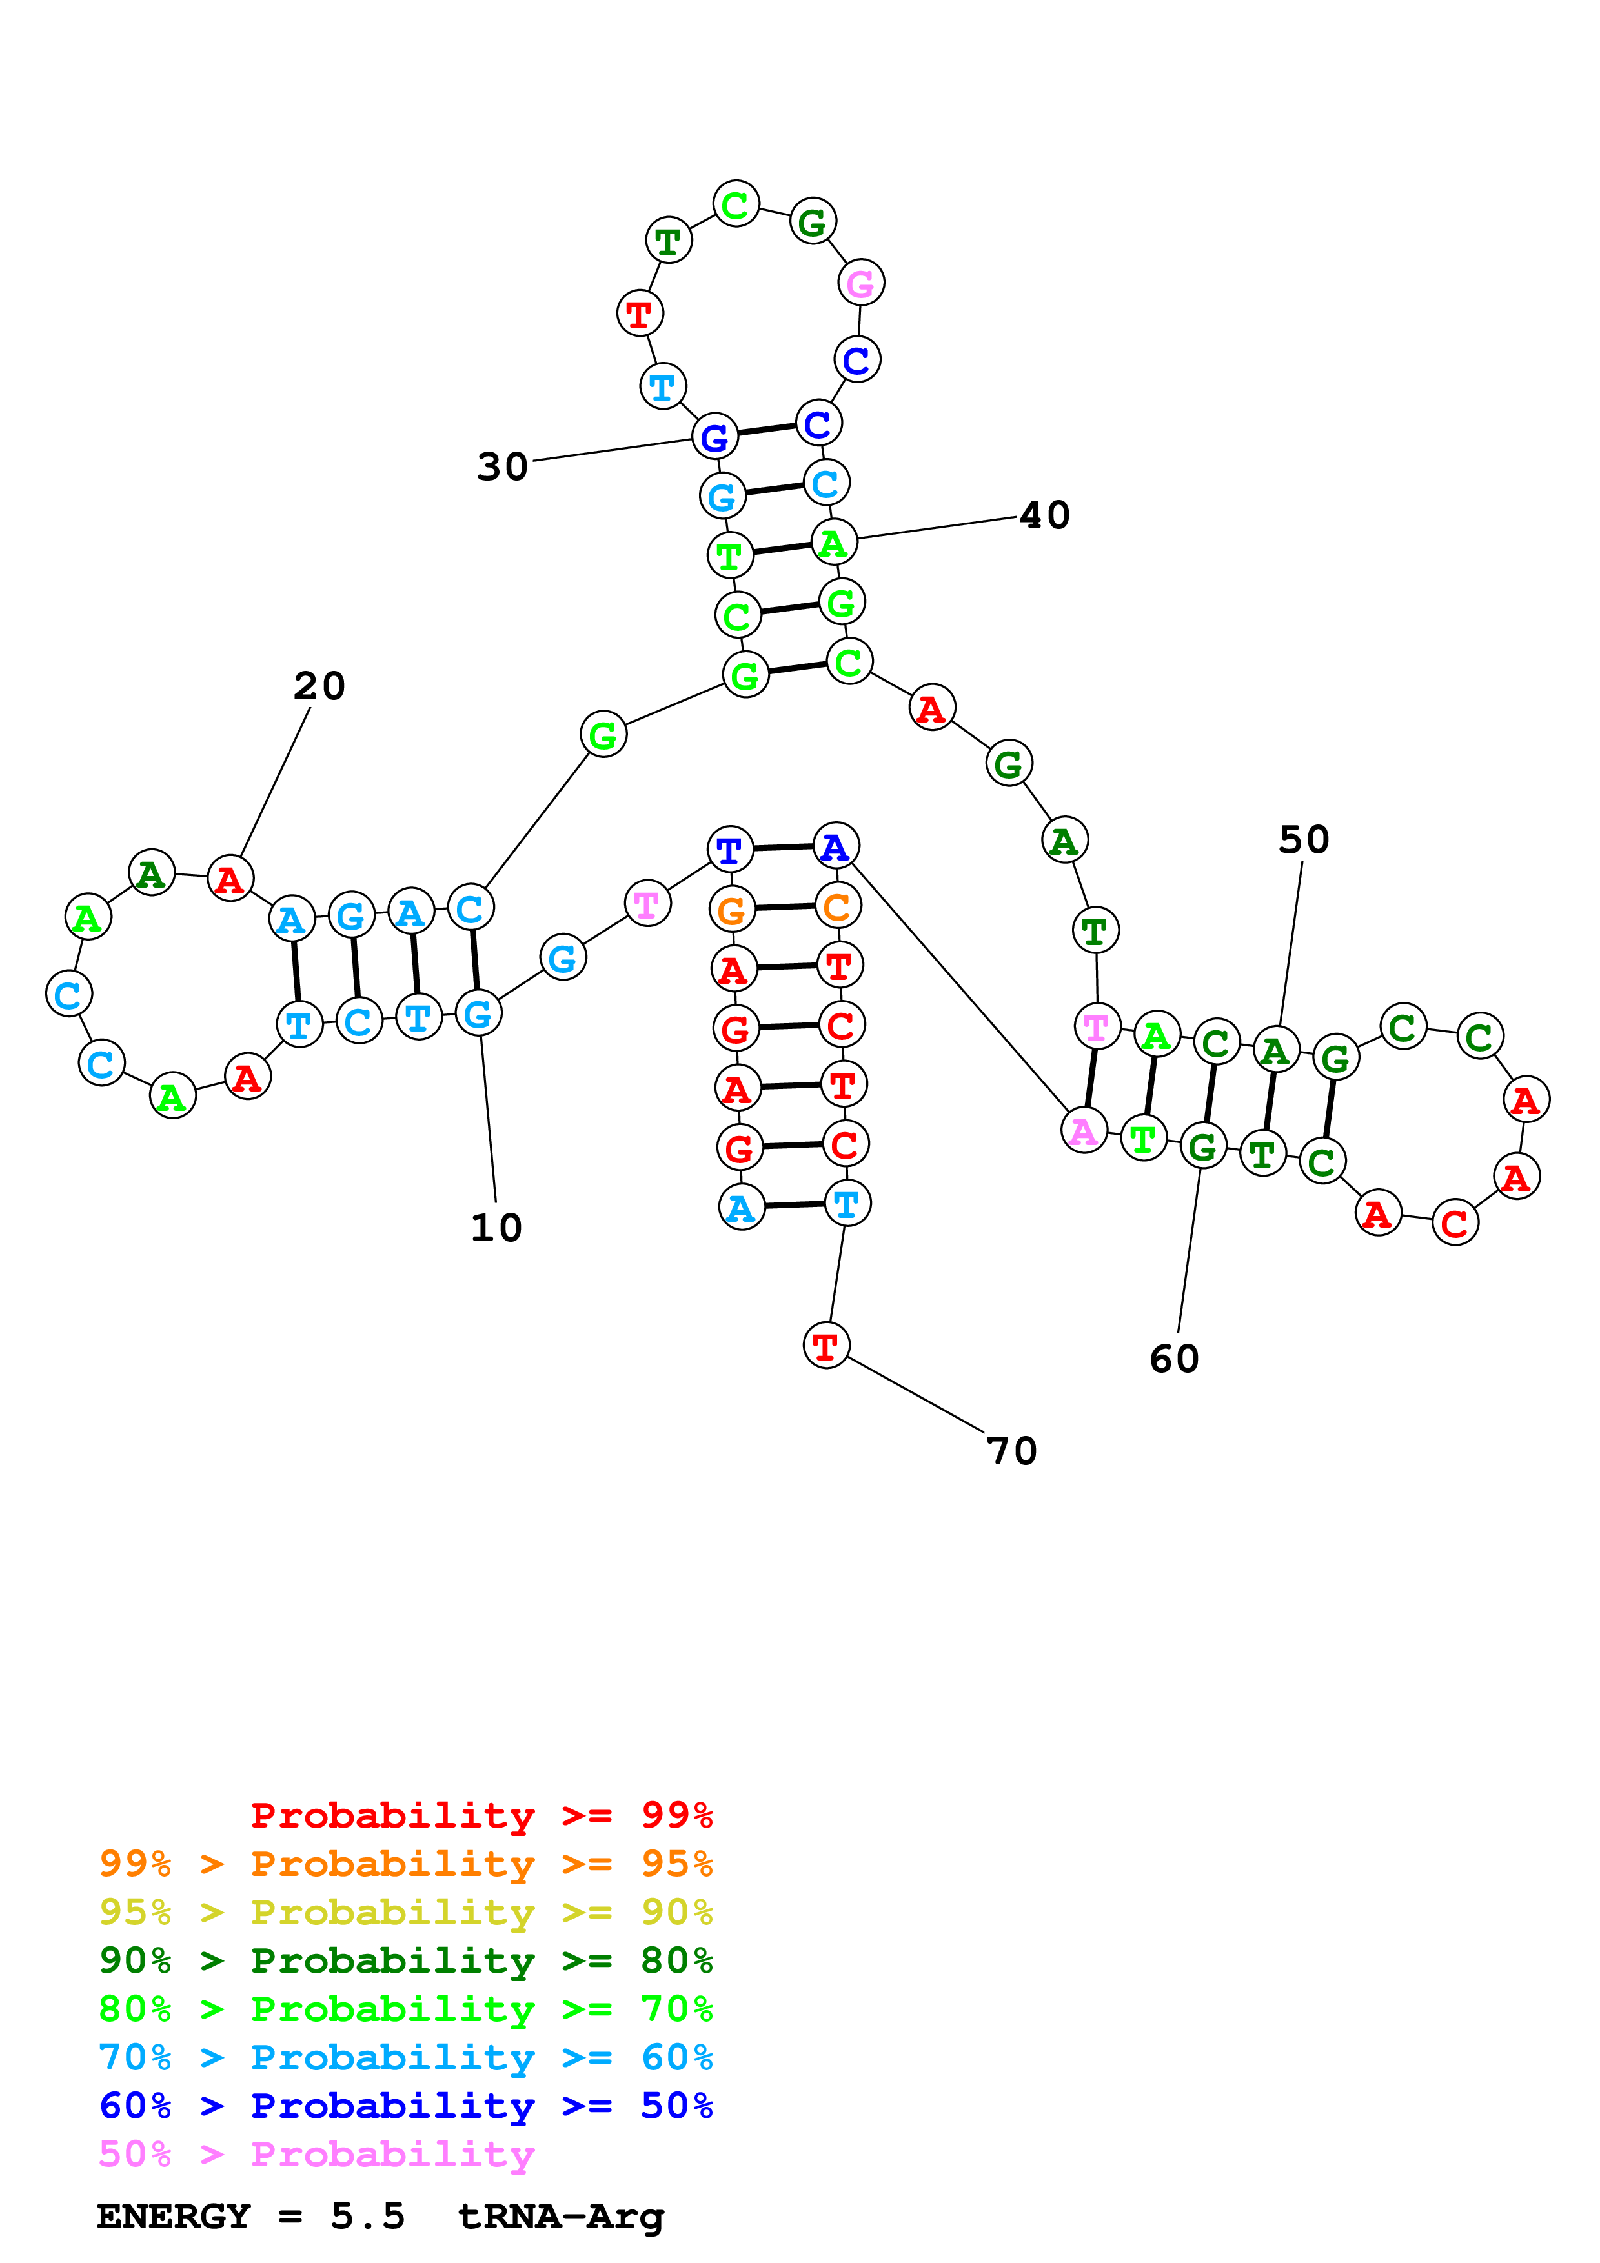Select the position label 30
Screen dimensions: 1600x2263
coord(503,467)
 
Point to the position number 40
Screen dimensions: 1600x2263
coord(1045,515)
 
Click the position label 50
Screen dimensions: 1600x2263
coord(1304,841)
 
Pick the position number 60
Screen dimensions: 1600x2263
coord(1174,1359)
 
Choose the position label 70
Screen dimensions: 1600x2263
coord(1013,1451)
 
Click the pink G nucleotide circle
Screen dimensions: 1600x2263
coord(860,284)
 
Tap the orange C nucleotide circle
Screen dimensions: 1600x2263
coord(838,907)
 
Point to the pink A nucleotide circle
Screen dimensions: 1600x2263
coord(1084,1131)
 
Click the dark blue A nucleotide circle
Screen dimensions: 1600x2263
coord(836,846)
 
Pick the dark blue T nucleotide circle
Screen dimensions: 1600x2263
coord(729,850)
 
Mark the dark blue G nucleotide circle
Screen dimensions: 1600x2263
coord(714,437)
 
